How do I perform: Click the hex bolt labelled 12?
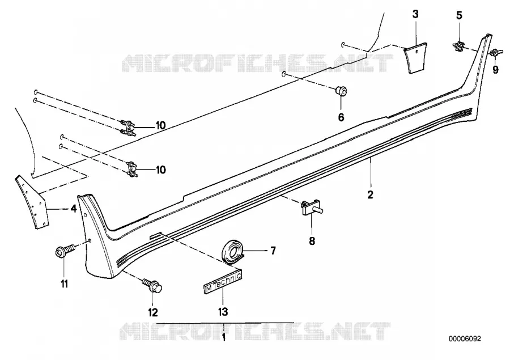(x=153, y=285)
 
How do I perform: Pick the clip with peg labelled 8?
(x=311, y=207)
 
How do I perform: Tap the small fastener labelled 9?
(x=496, y=52)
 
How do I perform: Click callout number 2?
(x=370, y=194)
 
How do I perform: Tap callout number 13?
(x=223, y=311)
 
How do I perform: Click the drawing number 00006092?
(x=465, y=339)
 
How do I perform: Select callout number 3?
(x=415, y=14)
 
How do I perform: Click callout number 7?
(x=273, y=251)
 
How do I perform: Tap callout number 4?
(x=74, y=208)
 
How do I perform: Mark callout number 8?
(x=312, y=241)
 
